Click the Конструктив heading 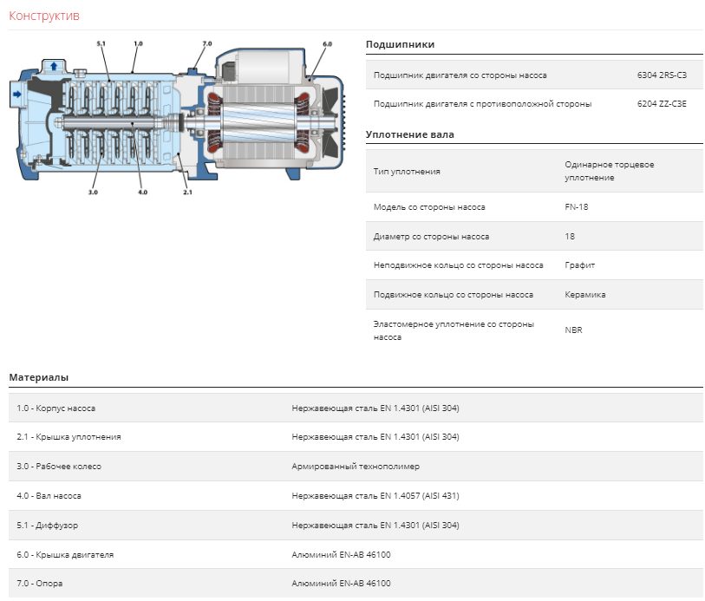[44, 16]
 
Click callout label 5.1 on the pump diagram [101, 43]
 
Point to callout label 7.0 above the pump [207, 43]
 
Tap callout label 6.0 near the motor [327, 44]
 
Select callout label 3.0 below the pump [93, 192]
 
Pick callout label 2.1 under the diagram [187, 192]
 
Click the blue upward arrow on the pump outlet [54, 66]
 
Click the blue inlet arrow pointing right [17, 94]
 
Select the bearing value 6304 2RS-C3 [662, 75]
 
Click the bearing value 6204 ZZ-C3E [662, 104]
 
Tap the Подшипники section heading [400, 44]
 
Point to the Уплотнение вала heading [410, 134]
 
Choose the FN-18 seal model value [577, 206]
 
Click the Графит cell [580, 265]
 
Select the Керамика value [585, 295]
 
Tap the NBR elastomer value [573, 330]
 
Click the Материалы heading [39, 377]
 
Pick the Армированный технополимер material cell [356, 467]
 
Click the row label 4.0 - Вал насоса [49, 496]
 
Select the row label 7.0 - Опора [40, 584]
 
